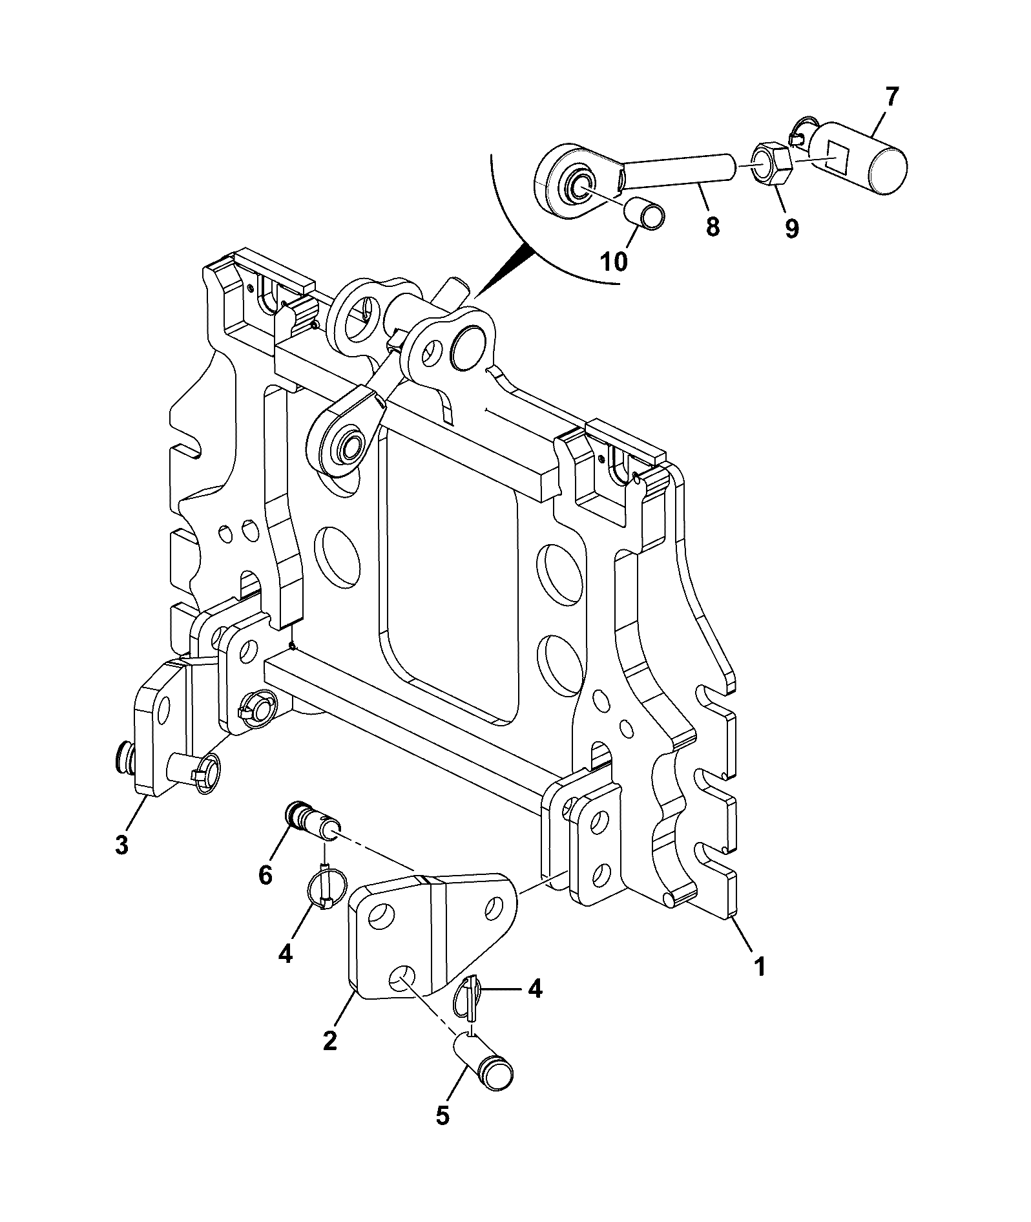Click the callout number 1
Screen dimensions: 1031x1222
click(760, 967)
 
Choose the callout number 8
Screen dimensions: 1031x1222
click(713, 227)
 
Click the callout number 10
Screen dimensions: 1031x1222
click(614, 262)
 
